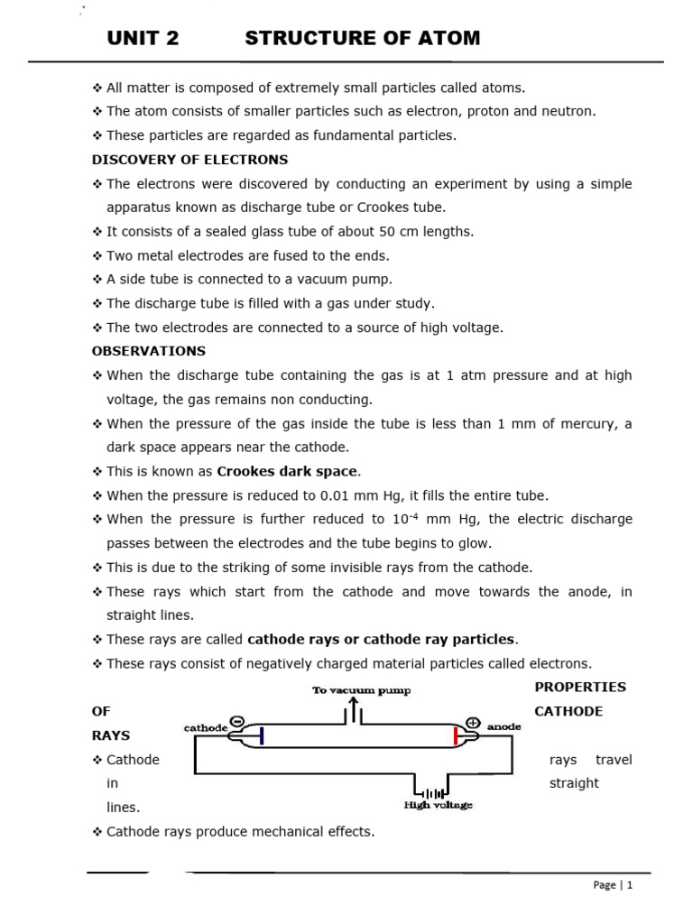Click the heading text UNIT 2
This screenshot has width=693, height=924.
pos(143,38)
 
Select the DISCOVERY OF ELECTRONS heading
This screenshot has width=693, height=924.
pos(189,160)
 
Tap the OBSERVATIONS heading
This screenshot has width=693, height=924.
pos(149,351)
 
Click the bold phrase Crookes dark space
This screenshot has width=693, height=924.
pos(287,471)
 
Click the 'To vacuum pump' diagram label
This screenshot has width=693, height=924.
pos(361,691)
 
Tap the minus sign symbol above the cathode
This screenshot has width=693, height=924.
pos(236,721)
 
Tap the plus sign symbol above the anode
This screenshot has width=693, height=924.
pos(473,722)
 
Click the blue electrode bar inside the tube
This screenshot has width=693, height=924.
pos(262,736)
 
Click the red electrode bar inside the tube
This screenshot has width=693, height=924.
pos(455,736)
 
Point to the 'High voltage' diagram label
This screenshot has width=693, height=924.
pos(438,805)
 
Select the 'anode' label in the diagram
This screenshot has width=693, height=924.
pos(503,726)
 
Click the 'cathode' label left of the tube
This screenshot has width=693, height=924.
pos(205,727)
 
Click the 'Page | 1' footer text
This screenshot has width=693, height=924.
pos(614,885)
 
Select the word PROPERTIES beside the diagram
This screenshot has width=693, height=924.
pos(580,687)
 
